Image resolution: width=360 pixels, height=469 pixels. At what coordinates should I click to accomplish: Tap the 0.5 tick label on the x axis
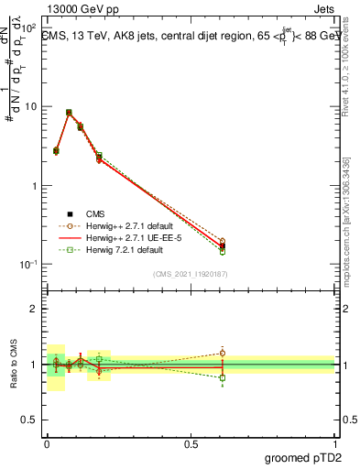click(x=190, y=442)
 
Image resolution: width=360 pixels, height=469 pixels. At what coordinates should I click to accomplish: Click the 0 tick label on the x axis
click(x=46, y=442)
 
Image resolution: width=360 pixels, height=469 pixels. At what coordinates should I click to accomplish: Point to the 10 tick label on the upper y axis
click(x=30, y=106)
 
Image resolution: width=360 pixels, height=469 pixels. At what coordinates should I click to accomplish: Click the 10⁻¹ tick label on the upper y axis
click(x=28, y=265)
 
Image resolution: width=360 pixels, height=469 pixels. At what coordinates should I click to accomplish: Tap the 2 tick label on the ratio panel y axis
click(x=34, y=309)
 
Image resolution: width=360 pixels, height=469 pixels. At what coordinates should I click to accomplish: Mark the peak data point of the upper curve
click(x=69, y=113)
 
